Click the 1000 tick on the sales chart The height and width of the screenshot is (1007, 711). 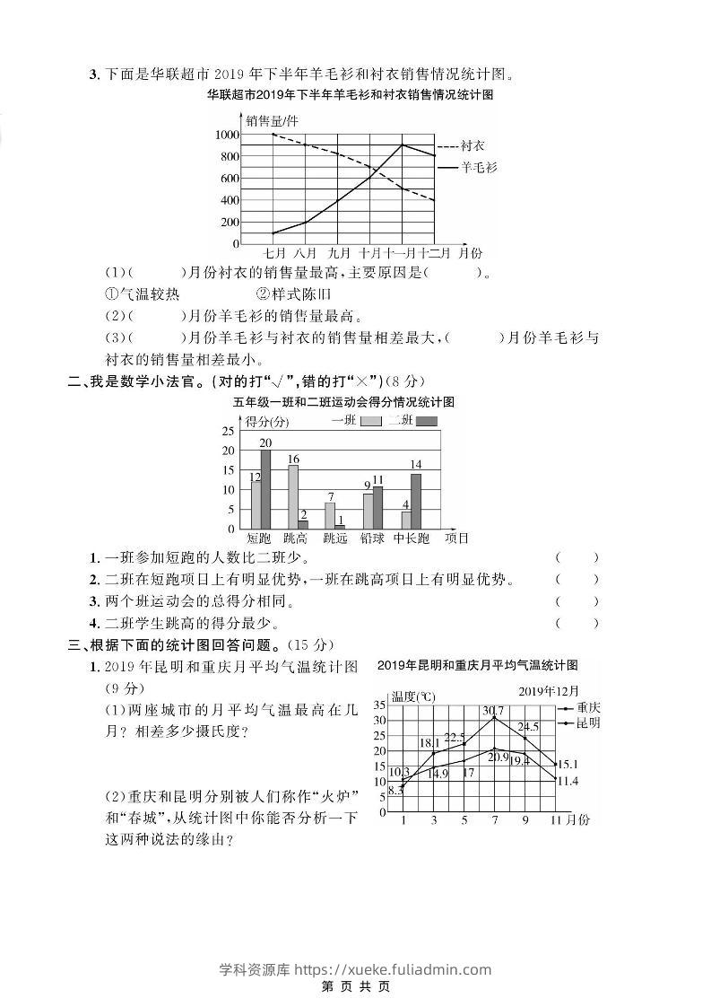pos(227,135)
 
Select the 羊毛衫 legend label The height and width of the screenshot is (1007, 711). pos(479,167)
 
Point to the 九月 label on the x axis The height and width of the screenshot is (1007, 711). pos(339,253)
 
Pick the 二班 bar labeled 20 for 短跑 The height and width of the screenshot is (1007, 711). pos(265,489)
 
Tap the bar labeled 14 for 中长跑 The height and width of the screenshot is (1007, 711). pos(416,501)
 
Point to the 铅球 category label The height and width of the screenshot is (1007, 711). pos(372,539)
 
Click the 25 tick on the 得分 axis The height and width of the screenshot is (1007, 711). pos(228,431)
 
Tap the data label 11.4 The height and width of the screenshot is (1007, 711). pos(567,782)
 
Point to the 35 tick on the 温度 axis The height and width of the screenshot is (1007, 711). pos(379,705)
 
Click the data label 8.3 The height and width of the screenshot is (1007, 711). pos(395,791)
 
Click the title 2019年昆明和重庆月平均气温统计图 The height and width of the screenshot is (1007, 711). pos(477,665)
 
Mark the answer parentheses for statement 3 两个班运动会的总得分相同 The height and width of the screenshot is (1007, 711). pos(577,601)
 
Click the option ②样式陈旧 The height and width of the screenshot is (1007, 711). pos(294,293)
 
